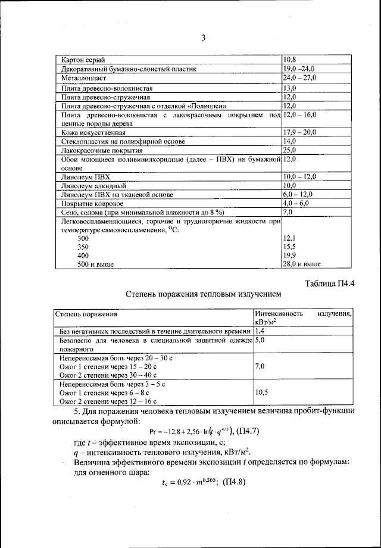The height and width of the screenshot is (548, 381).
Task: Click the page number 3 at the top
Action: coord(202,39)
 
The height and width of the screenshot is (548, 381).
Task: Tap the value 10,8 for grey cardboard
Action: coord(289,60)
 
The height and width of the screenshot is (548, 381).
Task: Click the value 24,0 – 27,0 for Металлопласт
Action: coord(299,77)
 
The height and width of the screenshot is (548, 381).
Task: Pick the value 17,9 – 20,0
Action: coord(300,132)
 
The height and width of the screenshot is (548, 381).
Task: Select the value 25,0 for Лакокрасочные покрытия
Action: coord(290,150)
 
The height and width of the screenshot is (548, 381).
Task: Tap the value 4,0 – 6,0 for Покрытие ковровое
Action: coord(296,204)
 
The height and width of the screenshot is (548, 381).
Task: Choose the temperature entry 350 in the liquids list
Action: coord(83,246)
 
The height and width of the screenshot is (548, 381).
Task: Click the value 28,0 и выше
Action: coord(302,263)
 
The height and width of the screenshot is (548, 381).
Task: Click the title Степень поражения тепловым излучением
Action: coord(202,294)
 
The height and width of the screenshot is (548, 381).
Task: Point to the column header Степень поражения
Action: coord(86,313)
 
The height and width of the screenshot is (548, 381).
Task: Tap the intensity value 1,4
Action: coord(260,330)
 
